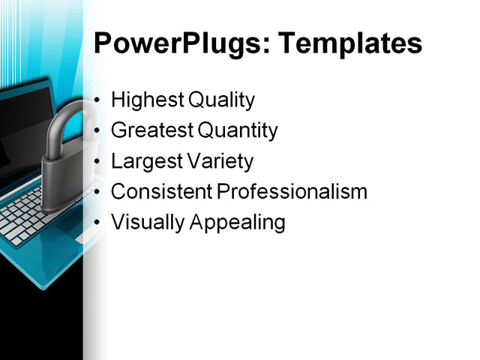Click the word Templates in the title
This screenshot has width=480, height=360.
click(x=350, y=44)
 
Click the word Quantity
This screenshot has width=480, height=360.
click(x=237, y=130)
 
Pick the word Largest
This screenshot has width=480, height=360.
click(x=144, y=161)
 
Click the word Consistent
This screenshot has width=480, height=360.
click(x=161, y=192)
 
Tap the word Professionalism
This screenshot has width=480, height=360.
click(x=292, y=192)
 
